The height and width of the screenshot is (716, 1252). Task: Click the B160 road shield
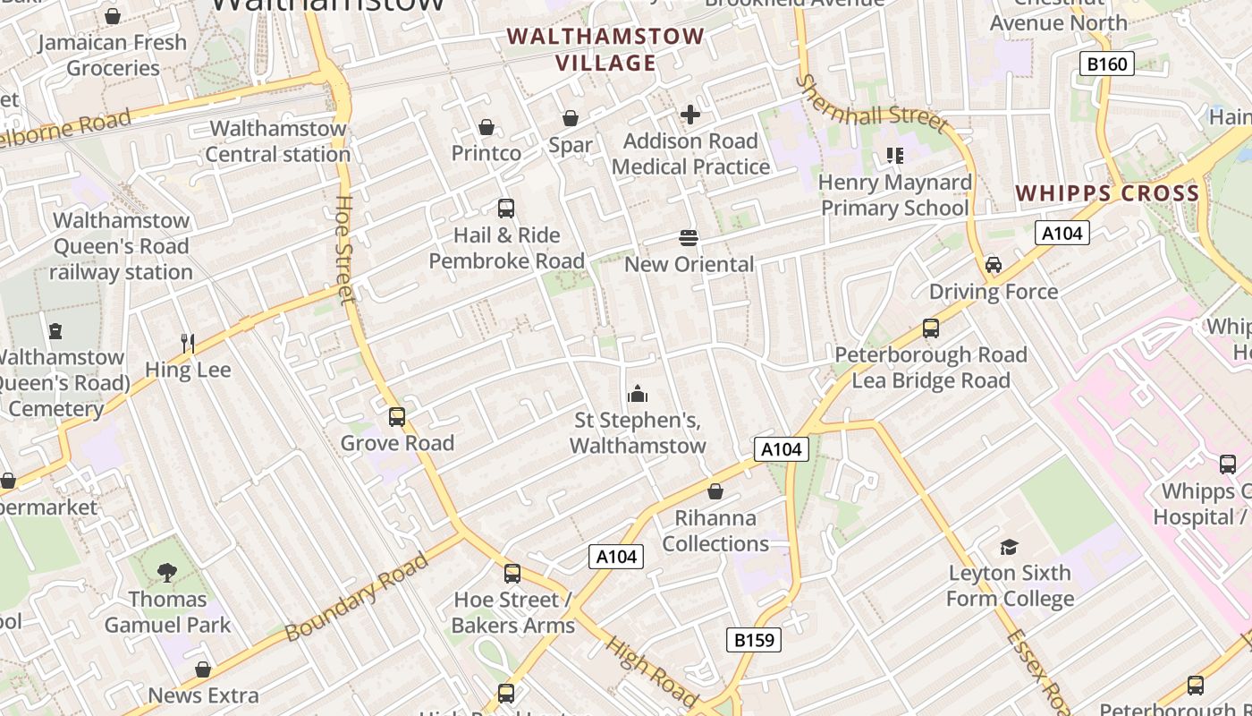pyautogui.click(x=1106, y=64)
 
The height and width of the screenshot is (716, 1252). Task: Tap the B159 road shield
pyautogui.click(x=753, y=640)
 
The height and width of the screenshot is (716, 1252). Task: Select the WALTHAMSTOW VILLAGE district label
pyautogui.click(x=605, y=50)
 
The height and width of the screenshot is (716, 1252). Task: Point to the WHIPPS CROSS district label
pyautogui.click(x=1107, y=193)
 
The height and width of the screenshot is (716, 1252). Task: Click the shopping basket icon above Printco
pyautogui.click(x=486, y=127)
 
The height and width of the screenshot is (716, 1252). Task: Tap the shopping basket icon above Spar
pyautogui.click(x=571, y=118)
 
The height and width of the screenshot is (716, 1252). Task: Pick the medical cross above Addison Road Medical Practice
pyautogui.click(x=690, y=115)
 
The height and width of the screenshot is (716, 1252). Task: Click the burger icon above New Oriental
pyautogui.click(x=689, y=238)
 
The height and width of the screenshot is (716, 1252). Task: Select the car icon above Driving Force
pyautogui.click(x=993, y=265)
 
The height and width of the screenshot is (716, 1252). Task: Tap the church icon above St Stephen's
pyautogui.click(x=638, y=393)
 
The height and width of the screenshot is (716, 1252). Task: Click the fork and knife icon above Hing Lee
pyautogui.click(x=188, y=343)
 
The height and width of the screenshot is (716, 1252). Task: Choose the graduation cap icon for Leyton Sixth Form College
pyautogui.click(x=1010, y=547)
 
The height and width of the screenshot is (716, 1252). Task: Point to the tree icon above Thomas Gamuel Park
pyautogui.click(x=167, y=573)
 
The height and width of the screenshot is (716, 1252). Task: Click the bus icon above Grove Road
pyautogui.click(x=397, y=416)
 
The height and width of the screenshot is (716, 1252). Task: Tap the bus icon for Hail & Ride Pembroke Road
pyautogui.click(x=506, y=209)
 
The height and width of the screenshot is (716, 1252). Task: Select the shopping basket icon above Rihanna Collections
pyautogui.click(x=715, y=491)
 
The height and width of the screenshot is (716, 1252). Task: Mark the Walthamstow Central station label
pyautogui.click(x=277, y=141)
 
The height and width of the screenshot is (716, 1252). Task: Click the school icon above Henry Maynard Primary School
pyautogui.click(x=895, y=156)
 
